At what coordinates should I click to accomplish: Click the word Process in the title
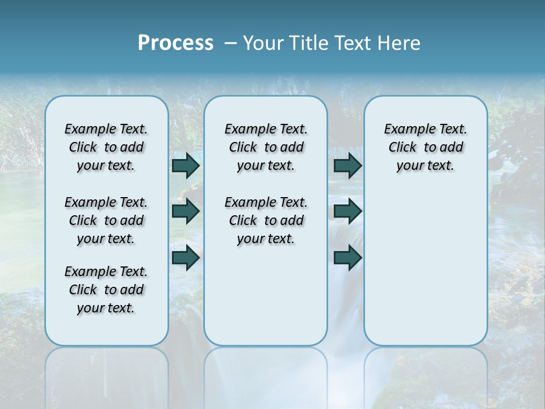pyautogui.click(x=175, y=43)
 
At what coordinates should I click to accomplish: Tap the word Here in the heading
pyautogui.click(x=400, y=43)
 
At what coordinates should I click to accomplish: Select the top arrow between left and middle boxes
pyautogui.click(x=186, y=165)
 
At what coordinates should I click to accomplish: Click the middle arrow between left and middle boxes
pyautogui.click(x=186, y=211)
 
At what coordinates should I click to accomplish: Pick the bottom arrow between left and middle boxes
pyautogui.click(x=186, y=257)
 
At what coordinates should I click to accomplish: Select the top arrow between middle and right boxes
pyautogui.click(x=347, y=165)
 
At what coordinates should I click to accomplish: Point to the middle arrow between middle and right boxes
pyautogui.click(x=347, y=211)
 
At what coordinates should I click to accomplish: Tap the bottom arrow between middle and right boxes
pyautogui.click(x=347, y=257)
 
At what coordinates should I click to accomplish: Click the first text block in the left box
pyautogui.click(x=106, y=147)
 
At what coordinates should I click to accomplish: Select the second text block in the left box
pyautogui.click(x=106, y=220)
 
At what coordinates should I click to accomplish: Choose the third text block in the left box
pyautogui.click(x=106, y=290)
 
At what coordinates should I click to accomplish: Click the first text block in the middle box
pyautogui.click(x=266, y=147)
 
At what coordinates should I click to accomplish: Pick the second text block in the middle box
pyautogui.click(x=266, y=220)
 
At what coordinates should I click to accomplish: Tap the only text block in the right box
pyautogui.click(x=425, y=147)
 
